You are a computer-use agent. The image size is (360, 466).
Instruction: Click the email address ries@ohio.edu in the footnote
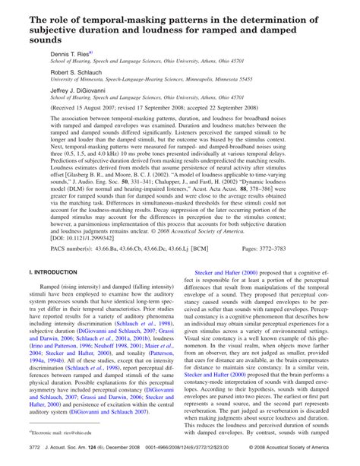pos(83,430)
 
